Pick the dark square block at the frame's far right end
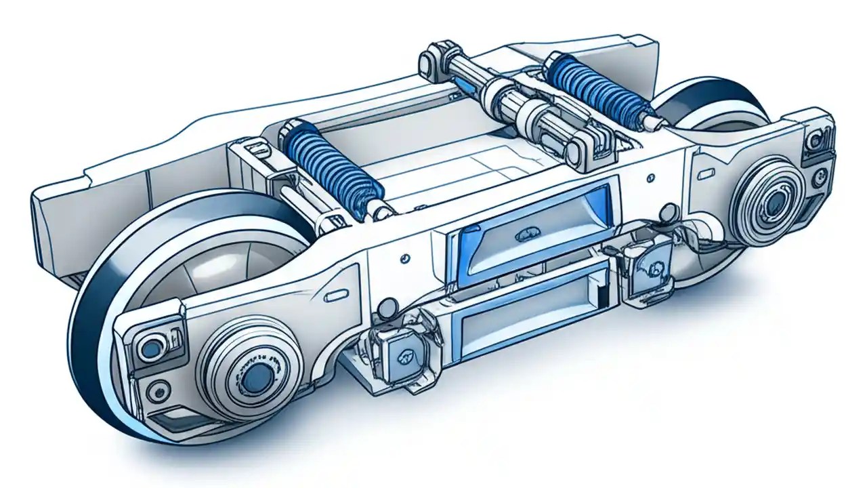816,144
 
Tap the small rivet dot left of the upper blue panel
404,258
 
